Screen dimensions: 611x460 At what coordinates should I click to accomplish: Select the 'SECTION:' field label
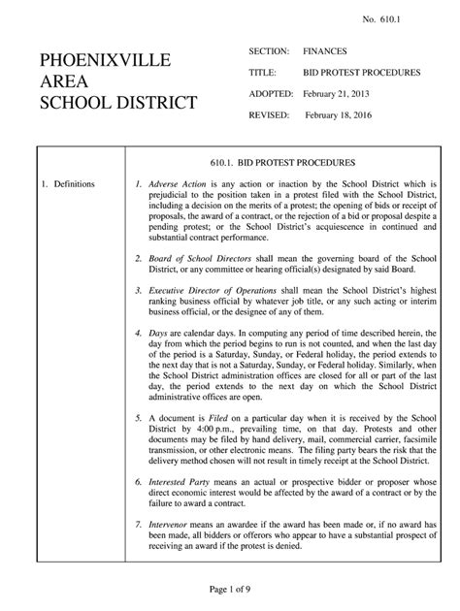[271, 50]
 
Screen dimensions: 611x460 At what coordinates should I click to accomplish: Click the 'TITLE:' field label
[263, 73]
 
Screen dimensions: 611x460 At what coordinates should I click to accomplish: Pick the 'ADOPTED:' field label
[272, 95]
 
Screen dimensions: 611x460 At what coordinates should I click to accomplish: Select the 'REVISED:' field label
[271, 114]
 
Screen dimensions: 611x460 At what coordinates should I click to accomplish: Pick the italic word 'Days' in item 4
[159, 333]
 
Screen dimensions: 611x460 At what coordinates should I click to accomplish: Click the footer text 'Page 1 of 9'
[229, 591]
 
